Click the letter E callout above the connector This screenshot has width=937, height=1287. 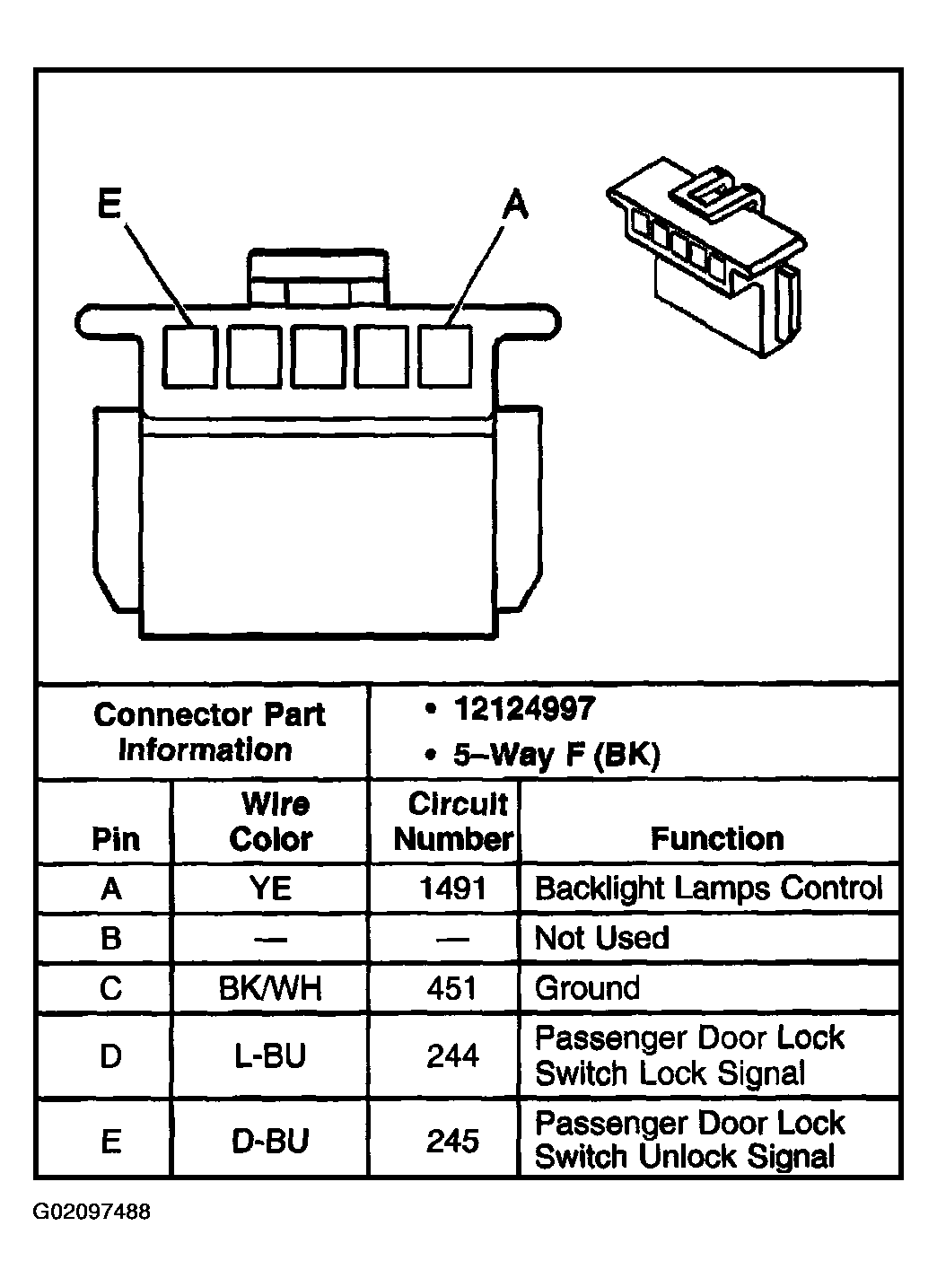pos(109,206)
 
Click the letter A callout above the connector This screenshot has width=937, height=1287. pos(514,206)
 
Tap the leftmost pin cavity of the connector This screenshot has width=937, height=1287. pos(189,355)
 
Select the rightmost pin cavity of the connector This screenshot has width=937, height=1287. pos(445,355)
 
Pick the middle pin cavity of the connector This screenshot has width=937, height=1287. pos(318,355)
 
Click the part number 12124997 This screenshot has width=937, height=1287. pos(523,710)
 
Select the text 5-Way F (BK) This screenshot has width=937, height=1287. pos(556,755)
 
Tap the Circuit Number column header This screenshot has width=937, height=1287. pos(454,821)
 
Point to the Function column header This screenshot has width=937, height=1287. pos(716,838)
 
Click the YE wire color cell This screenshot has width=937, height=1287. pos(270,889)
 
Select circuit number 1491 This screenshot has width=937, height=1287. pos(452,889)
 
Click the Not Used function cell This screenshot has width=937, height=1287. pos(601,938)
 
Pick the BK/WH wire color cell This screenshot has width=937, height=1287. pos(270,988)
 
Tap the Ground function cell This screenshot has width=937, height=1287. pos(587,988)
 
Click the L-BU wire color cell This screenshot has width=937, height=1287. pos(270,1055)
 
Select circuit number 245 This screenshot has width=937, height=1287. pos(452,1141)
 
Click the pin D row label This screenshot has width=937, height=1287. pos(110,1055)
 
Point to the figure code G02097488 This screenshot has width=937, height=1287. pos(92,1212)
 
